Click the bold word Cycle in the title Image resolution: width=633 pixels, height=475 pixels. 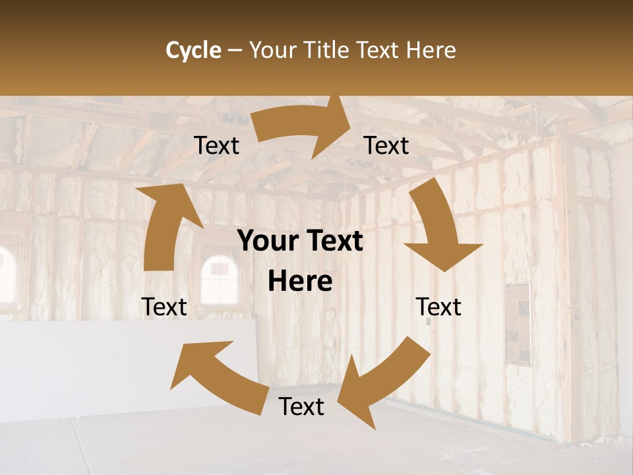(193, 50)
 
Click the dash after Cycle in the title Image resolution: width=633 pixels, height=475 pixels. (235, 50)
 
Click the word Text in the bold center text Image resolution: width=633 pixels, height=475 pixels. (333, 241)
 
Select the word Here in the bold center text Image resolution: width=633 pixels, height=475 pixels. (300, 282)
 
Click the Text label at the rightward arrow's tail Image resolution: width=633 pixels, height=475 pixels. (217, 146)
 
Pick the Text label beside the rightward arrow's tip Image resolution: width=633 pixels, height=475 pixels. (386, 146)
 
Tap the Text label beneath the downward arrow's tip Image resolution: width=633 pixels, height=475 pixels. (438, 307)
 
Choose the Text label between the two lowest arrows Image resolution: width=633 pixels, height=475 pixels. (301, 406)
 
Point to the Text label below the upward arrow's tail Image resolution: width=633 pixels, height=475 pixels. (164, 307)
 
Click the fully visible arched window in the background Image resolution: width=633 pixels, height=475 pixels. (219, 280)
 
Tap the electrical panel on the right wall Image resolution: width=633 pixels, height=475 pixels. (518, 324)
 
